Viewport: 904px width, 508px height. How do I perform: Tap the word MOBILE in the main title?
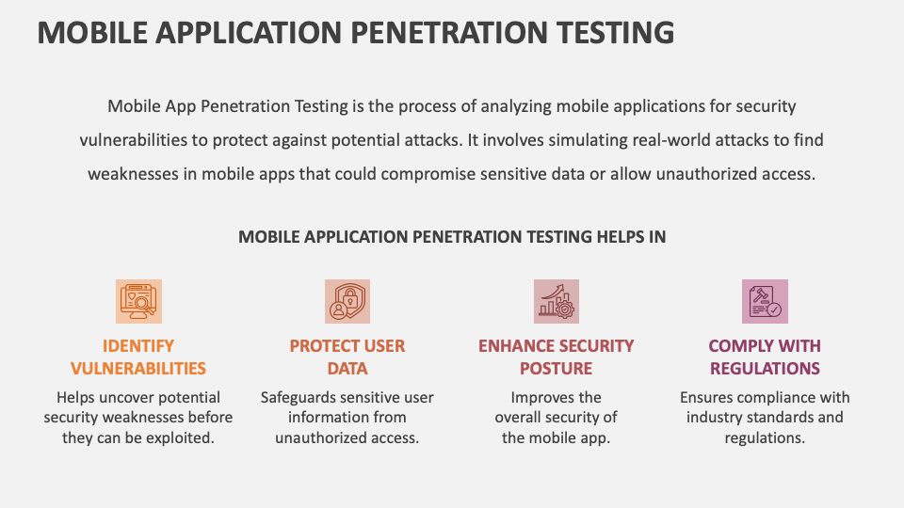(92, 32)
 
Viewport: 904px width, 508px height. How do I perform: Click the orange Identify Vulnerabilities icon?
(138, 301)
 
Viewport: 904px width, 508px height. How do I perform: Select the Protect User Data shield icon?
(347, 301)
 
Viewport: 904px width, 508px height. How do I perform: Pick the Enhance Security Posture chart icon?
(556, 301)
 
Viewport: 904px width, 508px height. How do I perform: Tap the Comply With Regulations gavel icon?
(765, 301)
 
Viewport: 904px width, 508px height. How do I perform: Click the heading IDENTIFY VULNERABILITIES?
(138, 357)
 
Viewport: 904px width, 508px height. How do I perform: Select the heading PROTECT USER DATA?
(347, 357)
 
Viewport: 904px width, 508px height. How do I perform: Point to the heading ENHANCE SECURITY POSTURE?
(556, 357)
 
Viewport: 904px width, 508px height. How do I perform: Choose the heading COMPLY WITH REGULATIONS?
(765, 357)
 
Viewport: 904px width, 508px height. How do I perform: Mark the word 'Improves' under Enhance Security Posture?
(542, 397)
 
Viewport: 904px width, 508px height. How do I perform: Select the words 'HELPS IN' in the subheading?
(631, 237)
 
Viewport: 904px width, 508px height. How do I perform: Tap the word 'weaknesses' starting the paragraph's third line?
(133, 173)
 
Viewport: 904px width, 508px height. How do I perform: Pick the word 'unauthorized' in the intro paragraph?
(688, 173)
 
